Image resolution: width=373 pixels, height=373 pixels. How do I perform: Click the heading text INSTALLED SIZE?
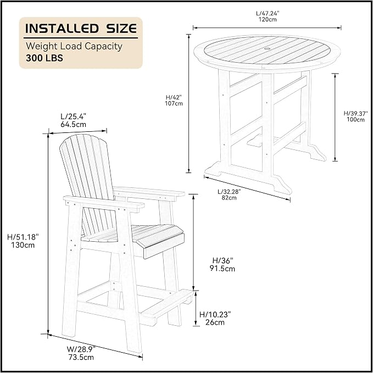[x=81, y=29]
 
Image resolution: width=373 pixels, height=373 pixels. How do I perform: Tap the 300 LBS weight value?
[x=44, y=58]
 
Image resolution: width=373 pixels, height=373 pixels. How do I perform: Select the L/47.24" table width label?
[x=268, y=13]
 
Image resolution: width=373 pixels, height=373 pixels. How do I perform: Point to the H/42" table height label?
[x=174, y=97]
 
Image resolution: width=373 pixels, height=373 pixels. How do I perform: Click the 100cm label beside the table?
[x=355, y=120]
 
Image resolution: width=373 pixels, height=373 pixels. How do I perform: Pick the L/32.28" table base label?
[x=229, y=192]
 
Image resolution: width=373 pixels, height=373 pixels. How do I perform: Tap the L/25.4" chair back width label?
[x=73, y=116]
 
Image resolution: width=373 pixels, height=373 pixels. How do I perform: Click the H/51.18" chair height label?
[x=23, y=237]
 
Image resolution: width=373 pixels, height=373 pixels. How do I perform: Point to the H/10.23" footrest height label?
[x=215, y=314]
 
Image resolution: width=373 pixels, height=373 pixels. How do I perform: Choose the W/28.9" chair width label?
[x=81, y=349]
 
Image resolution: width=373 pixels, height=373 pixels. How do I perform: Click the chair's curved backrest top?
[x=83, y=138]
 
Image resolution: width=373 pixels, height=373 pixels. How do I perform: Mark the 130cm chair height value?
[x=23, y=245]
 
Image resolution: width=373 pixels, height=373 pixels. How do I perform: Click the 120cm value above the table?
[x=268, y=20]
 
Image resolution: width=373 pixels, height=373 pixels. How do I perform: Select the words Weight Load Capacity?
[x=74, y=46]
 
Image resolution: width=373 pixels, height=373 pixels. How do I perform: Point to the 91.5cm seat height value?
[x=222, y=269]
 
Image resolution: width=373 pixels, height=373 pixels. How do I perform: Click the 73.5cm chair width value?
[x=81, y=357]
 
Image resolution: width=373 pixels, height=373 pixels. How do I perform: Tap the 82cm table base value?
[x=229, y=198]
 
